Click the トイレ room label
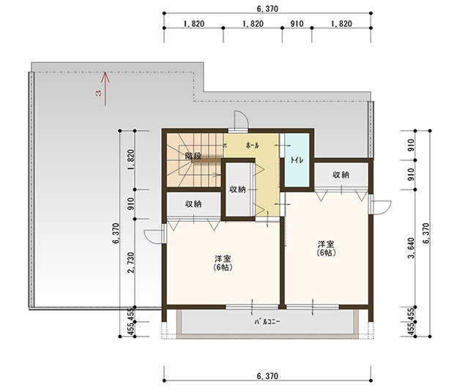[x=297, y=160]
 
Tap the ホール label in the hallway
[x=253, y=146]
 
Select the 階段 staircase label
[x=193, y=157]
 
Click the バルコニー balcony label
[x=267, y=322]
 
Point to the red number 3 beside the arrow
[x=98, y=93]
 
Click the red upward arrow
[x=105, y=89]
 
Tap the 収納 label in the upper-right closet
[x=340, y=175]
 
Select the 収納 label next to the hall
[x=237, y=190]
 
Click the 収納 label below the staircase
[x=193, y=204]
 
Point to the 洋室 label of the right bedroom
[x=326, y=244]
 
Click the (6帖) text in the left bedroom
[x=223, y=267]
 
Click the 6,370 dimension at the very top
[x=267, y=9]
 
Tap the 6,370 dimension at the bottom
[x=267, y=376]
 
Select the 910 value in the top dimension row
[x=297, y=23]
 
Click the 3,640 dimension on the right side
[x=411, y=248]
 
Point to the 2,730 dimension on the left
[x=130, y=263]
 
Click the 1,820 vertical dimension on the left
[x=130, y=160]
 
